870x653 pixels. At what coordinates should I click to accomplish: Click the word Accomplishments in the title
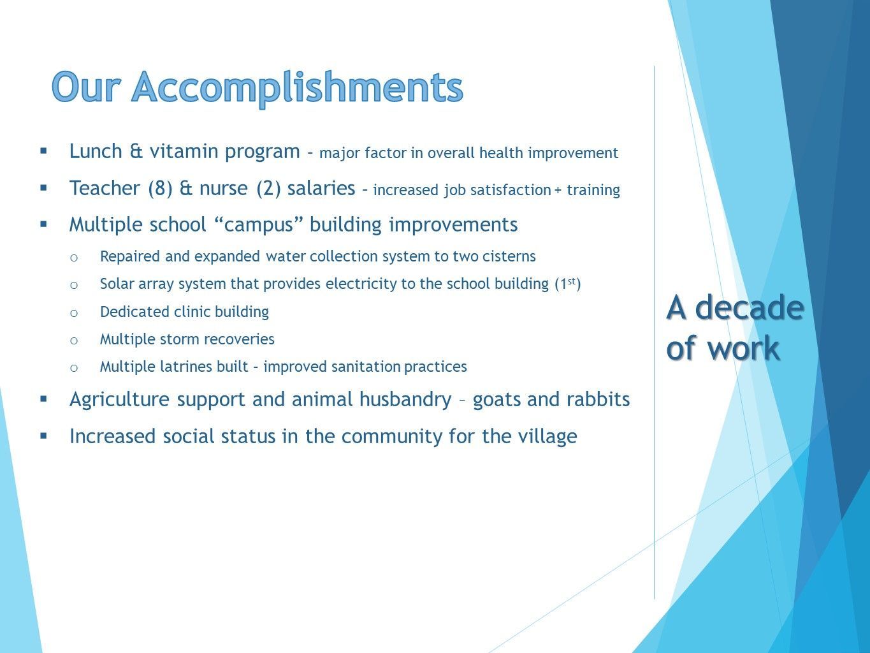(x=297, y=88)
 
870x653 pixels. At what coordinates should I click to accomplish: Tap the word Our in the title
(x=85, y=87)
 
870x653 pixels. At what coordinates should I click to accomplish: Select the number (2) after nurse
(x=269, y=188)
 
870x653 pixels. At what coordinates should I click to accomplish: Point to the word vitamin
(x=184, y=151)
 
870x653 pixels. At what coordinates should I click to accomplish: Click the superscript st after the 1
(x=571, y=281)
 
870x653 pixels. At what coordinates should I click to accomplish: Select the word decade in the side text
(x=750, y=307)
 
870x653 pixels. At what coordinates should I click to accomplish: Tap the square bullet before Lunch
(x=43, y=151)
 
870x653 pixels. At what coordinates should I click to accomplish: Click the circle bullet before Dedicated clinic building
(x=74, y=313)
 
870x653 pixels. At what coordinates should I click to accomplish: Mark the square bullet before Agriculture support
(x=43, y=399)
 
